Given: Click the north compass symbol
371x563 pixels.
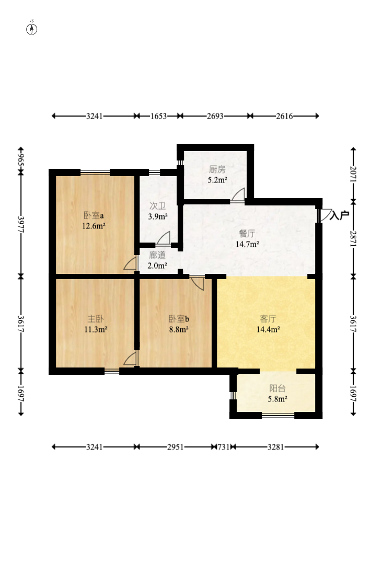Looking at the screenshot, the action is (x=32, y=29).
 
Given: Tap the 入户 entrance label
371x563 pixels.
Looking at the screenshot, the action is (x=339, y=215).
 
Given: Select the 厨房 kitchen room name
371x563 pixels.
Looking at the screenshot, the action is (x=217, y=169).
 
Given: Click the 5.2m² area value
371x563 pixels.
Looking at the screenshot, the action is (x=217, y=180).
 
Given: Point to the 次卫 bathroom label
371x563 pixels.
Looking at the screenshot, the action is (x=157, y=206).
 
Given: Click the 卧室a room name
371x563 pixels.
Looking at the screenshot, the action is (x=94, y=215).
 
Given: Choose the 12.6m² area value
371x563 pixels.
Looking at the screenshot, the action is (x=94, y=226).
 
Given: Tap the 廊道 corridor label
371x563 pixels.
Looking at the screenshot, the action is (x=157, y=255).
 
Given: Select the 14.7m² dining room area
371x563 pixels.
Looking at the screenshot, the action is (x=247, y=245).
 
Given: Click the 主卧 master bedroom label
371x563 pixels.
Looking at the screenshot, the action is (x=96, y=319).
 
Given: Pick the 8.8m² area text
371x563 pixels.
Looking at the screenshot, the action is (x=179, y=329).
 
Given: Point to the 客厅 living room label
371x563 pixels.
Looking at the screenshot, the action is (x=268, y=319).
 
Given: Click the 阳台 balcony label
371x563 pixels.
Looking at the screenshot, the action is (x=277, y=388).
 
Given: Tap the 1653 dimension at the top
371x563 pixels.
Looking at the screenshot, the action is (x=159, y=116).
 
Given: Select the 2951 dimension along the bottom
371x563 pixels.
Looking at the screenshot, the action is (x=176, y=447).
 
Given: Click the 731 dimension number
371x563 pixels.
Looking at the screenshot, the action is (x=224, y=447).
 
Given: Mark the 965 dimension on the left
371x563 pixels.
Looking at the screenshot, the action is (x=21, y=160).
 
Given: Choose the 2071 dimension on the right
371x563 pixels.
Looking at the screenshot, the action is (x=353, y=174).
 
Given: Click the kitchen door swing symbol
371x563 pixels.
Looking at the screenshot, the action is (x=238, y=195).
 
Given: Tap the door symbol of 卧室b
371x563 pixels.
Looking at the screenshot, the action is (x=198, y=283).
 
